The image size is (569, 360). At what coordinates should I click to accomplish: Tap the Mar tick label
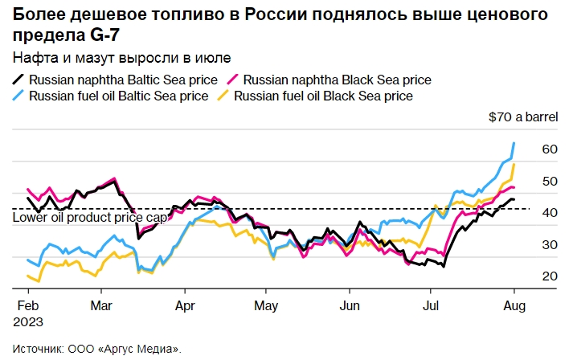pos(101,306)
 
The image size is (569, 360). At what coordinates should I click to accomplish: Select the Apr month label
pos(185,306)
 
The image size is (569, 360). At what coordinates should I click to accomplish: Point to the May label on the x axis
pos(266,306)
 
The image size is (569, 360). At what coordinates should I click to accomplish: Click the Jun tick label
pos(350,306)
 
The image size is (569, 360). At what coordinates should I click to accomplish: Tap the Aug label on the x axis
pos(514,306)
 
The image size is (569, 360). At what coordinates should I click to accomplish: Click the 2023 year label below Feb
pos(29,321)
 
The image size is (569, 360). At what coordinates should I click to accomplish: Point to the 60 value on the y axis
pos(550,149)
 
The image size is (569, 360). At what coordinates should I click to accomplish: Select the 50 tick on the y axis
pos(550,182)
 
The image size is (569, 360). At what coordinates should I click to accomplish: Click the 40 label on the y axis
pos(550,213)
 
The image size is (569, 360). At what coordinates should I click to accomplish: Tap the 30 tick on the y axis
pos(550,244)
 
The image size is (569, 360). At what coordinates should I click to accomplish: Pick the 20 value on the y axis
pos(550,276)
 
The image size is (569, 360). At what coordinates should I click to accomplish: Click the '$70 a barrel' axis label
pos(523,118)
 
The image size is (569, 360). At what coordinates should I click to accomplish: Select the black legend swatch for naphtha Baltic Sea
pos(19,80)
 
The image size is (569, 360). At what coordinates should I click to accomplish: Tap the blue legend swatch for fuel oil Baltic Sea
pos(19,96)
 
